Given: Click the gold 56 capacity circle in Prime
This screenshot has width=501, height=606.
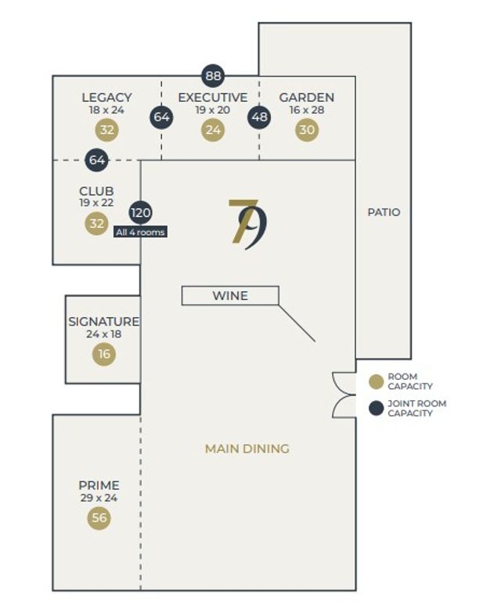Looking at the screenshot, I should (x=99, y=518).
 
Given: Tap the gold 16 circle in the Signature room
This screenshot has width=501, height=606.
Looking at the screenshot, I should (x=104, y=355).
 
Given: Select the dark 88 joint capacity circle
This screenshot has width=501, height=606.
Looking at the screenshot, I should (x=213, y=76).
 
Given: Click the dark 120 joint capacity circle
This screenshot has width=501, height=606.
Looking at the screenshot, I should (x=141, y=213).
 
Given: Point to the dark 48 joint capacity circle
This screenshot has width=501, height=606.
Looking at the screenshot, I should (x=259, y=117).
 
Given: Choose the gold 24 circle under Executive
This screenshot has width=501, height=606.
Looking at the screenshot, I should (x=212, y=130).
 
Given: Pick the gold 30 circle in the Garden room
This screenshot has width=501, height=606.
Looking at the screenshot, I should (x=307, y=130).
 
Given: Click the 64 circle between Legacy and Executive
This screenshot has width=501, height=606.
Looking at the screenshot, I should (x=162, y=117).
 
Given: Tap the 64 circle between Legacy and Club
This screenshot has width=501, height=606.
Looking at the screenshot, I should (x=96, y=161).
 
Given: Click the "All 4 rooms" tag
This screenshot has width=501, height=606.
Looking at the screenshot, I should (x=141, y=232).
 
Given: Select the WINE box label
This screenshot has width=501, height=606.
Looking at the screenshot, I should (x=230, y=295).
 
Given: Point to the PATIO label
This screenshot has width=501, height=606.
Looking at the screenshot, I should (x=384, y=212).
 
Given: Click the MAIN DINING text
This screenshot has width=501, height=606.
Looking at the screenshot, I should (x=247, y=449).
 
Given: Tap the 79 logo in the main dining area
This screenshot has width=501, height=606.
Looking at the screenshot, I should (x=247, y=224).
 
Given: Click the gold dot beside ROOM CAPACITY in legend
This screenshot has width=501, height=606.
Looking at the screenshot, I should (x=377, y=381).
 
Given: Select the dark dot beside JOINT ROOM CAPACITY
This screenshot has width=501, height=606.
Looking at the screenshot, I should (x=377, y=408).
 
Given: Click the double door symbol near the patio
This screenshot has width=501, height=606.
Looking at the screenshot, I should (x=344, y=395).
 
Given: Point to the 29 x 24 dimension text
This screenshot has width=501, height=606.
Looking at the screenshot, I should (x=99, y=497).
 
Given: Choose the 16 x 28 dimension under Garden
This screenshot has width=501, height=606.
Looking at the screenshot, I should (x=307, y=110).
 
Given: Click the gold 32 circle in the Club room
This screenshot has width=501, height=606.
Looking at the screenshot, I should (x=96, y=224).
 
